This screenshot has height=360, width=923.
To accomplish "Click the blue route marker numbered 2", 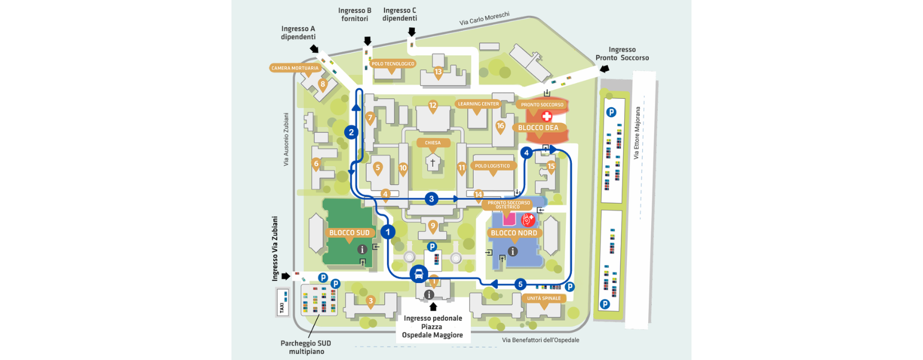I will click(351, 133).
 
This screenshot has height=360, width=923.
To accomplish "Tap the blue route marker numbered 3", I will click(431, 198).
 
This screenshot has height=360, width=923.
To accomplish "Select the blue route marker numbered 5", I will click(520, 284).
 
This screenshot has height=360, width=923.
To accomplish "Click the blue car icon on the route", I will click(419, 274).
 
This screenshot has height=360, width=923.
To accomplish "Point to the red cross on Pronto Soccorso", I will click(546, 116).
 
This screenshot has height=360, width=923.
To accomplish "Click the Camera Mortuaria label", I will click(295, 68).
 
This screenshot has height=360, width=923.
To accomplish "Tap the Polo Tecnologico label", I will click(393, 64).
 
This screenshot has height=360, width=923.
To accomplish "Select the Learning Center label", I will click(478, 104).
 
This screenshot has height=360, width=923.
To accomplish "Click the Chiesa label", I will click(433, 143).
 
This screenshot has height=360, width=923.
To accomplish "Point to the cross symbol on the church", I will click(433, 163).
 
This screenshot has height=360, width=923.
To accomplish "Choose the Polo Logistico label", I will click(493, 166).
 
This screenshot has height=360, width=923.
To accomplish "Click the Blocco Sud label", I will click(349, 233).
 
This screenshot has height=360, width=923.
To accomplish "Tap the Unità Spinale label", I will click(544, 298).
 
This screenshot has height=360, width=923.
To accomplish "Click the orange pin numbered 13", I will click(438, 71).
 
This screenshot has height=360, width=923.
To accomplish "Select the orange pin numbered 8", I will click(322, 85).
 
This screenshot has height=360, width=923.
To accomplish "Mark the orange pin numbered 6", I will click(316, 164).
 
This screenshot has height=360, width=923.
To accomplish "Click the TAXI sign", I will click(282, 302).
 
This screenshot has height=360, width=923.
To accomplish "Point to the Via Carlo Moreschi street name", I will click(484, 19).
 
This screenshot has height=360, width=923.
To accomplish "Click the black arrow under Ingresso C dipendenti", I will click(412, 32).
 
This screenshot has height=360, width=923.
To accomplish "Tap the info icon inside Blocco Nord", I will click(512, 251).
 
